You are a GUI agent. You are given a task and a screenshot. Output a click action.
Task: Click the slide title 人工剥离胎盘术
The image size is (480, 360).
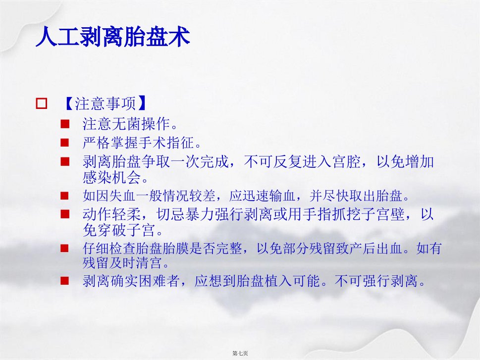pos(113,37)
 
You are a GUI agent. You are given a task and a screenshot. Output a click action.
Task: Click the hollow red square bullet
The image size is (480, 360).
pos(42,103)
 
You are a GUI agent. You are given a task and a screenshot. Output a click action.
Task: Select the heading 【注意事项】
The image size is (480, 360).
pos(105,103)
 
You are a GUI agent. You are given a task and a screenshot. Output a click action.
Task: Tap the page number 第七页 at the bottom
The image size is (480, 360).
pos(240,353)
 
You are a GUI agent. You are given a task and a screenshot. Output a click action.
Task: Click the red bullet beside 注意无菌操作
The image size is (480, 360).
pos(64,124)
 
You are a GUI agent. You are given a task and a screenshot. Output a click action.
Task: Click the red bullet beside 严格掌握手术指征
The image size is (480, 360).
pos(64,143)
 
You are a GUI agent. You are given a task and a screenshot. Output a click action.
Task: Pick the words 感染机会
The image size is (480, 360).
pos(111,177)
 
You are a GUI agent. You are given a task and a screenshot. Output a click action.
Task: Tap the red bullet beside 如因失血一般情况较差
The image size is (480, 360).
pos(64,196)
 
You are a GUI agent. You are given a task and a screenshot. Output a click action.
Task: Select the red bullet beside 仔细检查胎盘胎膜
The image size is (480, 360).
pos(64,248)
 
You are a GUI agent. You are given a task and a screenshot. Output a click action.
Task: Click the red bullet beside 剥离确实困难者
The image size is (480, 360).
pos(64,281)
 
